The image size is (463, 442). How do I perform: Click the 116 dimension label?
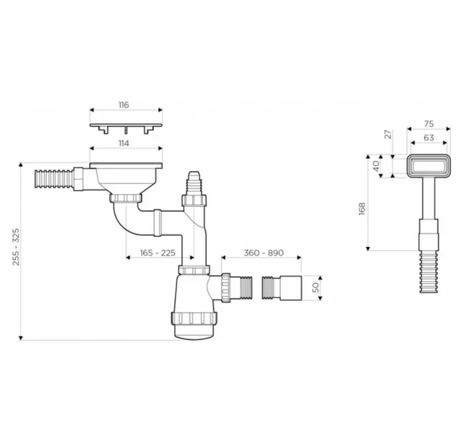(124, 105)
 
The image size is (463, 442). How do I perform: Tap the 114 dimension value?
(124, 143)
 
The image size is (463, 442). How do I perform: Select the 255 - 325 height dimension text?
(15, 247)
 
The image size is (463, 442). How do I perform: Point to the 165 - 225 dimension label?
(157, 253)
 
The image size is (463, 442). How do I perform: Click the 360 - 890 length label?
(264, 253)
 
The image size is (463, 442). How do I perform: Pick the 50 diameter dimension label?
(316, 287)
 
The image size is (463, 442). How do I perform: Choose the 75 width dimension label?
(429, 124)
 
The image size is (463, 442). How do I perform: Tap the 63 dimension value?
(429, 138)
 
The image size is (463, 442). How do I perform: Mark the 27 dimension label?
(389, 134)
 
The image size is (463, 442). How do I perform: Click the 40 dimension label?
(376, 166)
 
